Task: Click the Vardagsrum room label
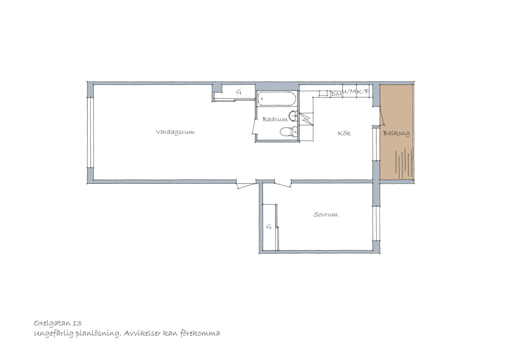click(175, 132)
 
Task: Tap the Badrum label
click(275, 119)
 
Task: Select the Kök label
click(344, 133)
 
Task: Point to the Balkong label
click(396, 133)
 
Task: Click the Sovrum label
click(326, 215)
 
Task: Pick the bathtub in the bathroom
click(277, 99)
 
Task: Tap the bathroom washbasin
click(293, 116)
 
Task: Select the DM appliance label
click(336, 94)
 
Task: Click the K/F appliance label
click(363, 92)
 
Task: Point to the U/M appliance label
click(349, 92)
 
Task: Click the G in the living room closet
click(239, 92)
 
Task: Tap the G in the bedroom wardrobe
click(269, 227)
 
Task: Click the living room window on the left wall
click(90, 133)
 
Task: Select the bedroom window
click(376, 224)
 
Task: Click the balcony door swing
click(382, 116)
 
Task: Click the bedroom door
click(283, 184)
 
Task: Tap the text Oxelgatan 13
click(58, 323)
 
